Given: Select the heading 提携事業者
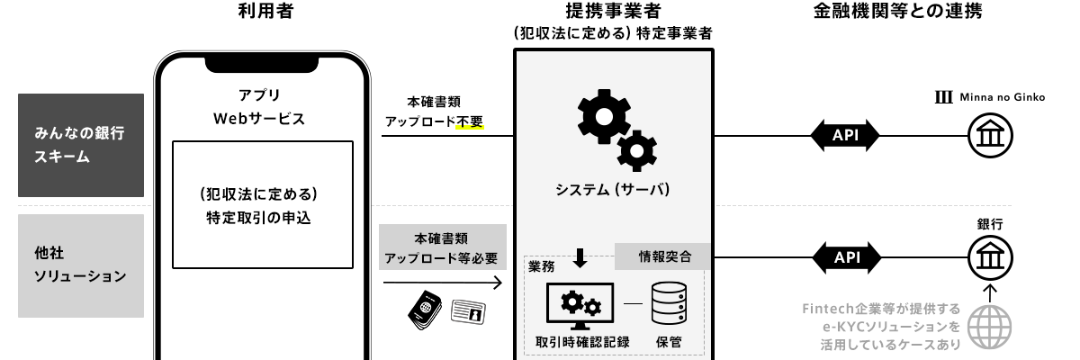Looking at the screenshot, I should click(614, 13).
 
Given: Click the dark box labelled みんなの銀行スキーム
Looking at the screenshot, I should click(81, 145).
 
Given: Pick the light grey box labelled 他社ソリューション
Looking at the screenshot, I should click(81, 265).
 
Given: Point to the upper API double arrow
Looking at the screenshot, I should click(845, 136).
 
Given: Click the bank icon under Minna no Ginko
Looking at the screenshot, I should click(990, 137).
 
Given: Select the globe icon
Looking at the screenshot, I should click(990, 325).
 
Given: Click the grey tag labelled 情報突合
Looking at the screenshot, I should click(663, 256).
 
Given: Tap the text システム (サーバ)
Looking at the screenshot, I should click(614, 190).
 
